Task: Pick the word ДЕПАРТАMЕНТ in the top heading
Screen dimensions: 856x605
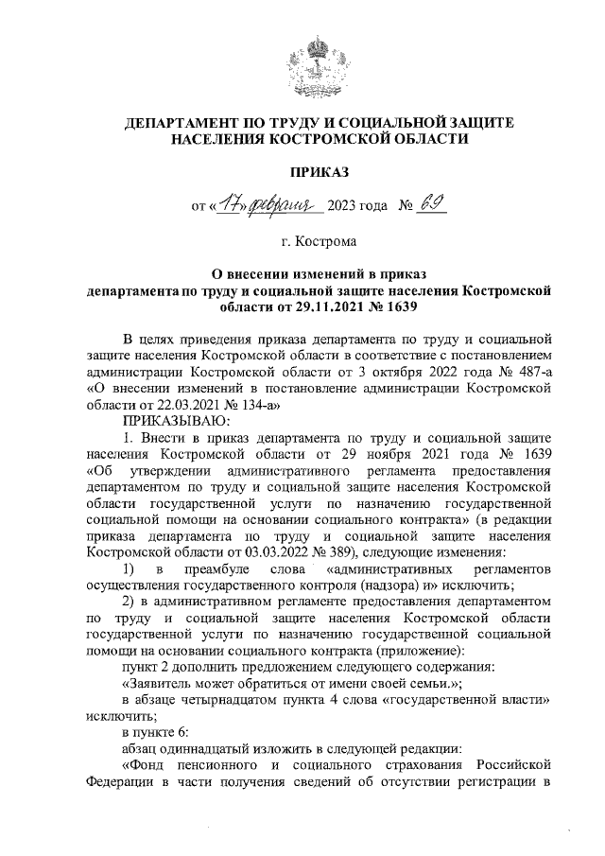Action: (186, 123)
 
